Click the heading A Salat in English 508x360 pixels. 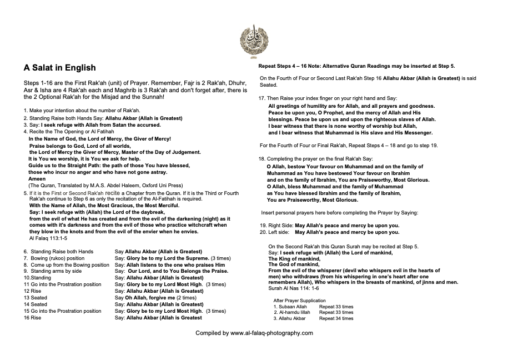[x=59, y=68]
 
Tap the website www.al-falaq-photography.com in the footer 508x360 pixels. [x=271, y=333]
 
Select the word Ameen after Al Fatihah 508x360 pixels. [x=37, y=179]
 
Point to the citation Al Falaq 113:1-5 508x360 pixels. [x=48, y=238]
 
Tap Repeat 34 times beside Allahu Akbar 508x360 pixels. [x=336, y=318]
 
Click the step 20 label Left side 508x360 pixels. [x=279, y=232]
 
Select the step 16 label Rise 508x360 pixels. [x=36, y=318]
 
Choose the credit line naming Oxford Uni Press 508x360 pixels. [x=105, y=185]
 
